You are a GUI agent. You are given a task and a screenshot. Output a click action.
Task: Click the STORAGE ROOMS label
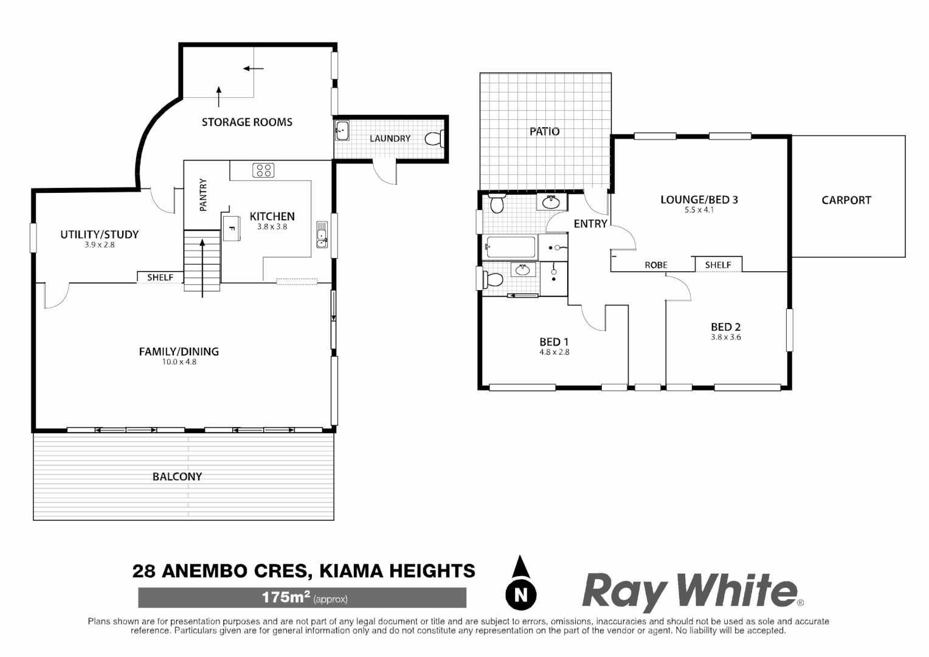coord(247,122)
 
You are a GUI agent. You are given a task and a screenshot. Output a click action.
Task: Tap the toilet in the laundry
coord(434,139)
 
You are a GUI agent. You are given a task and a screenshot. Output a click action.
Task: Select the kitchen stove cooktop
coord(263,170)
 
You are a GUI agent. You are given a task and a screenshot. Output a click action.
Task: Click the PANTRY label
coord(203,194)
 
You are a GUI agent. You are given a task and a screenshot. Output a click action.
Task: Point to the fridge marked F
coord(231,228)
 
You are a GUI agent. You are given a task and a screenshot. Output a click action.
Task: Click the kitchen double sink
coord(322,235)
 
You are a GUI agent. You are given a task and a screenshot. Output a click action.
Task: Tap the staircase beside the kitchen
coord(202,257)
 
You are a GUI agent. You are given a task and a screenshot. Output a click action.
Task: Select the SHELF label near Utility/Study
coord(161,277)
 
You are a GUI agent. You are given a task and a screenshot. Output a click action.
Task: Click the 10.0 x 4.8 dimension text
coord(179,362)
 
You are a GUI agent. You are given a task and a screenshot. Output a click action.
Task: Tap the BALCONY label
coord(177,477)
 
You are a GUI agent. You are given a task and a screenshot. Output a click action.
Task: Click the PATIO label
coord(544,131)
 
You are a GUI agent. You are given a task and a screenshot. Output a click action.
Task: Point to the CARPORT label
coord(846,200)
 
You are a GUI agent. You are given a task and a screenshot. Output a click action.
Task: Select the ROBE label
coord(656,265)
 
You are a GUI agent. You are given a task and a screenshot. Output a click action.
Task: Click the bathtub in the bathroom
coord(510,247)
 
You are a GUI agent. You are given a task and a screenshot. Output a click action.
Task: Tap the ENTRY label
coord(590,224)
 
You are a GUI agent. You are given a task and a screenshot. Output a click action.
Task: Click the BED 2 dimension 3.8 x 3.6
coord(726,337)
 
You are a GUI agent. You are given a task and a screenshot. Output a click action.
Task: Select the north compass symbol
coord(521,583)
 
